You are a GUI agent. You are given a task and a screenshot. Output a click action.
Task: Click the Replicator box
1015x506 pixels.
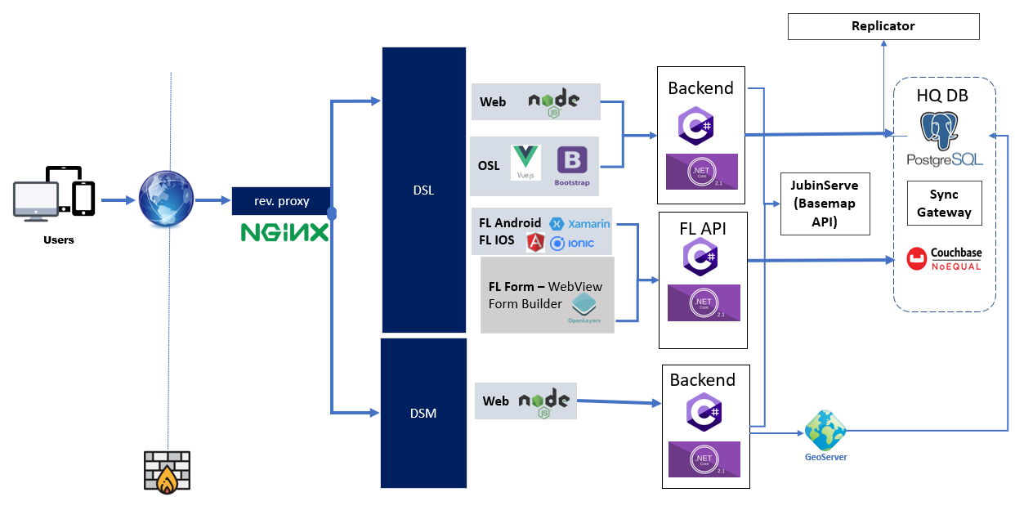click(883, 26)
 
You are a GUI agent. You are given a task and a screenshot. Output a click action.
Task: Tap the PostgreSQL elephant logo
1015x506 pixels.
click(944, 131)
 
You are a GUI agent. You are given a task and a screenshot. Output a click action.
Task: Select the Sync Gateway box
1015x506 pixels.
click(944, 204)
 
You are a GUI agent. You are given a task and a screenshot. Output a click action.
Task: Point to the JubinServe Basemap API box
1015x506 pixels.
click(825, 204)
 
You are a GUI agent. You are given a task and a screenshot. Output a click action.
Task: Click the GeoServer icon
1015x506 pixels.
click(825, 431)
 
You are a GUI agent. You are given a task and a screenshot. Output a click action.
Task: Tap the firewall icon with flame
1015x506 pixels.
click(166, 472)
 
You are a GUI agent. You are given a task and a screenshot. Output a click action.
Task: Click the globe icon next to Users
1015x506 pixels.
click(166, 199)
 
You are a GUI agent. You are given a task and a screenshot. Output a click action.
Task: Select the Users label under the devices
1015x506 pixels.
click(59, 240)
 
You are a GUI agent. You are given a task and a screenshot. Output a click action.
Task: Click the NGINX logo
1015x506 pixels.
click(284, 232)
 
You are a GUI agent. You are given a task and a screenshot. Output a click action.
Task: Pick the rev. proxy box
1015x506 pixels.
click(282, 201)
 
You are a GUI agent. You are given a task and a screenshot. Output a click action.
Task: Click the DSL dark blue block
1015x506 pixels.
click(423, 190)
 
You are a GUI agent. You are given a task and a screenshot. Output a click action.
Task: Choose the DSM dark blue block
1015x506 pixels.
click(423, 413)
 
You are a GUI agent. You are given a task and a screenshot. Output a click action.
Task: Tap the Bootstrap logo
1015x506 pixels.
click(571, 165)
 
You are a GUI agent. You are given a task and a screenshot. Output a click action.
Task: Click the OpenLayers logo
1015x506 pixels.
click(584, 307)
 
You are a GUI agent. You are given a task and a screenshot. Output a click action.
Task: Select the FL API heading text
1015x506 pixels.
click(703, 228)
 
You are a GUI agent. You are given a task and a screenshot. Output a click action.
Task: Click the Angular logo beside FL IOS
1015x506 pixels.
click(536, 242)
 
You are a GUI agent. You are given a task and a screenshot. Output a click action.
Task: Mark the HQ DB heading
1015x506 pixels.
click(942, 96)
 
